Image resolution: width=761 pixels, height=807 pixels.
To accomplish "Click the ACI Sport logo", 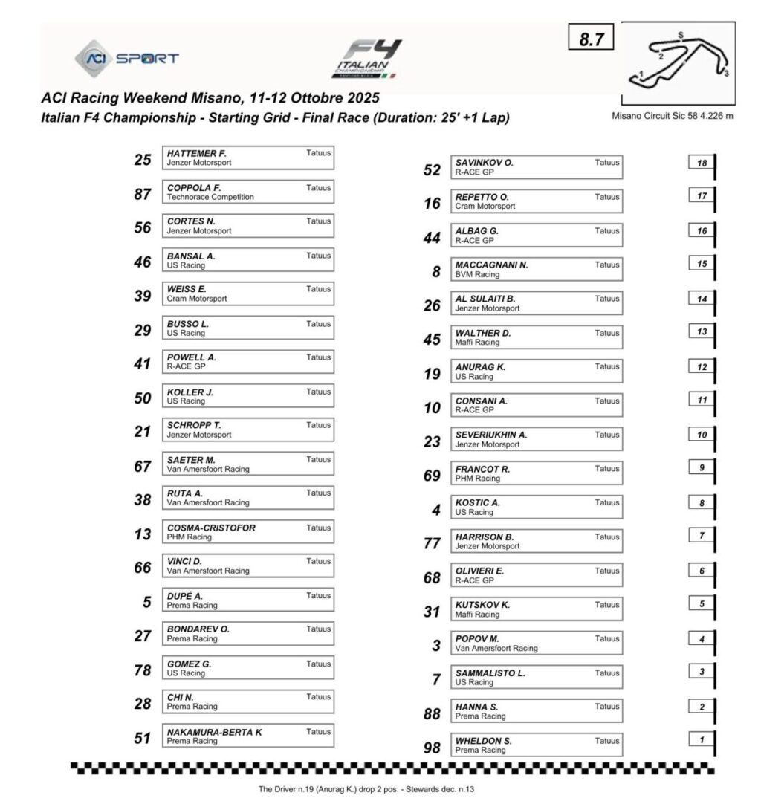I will click(x=126, y=59).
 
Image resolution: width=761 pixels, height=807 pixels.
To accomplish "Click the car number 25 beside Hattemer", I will click(x=143, y=158).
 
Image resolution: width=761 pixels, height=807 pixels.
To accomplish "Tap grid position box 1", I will click(x=701, y=739).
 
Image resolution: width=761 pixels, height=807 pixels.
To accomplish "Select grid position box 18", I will click(x=701, y=163).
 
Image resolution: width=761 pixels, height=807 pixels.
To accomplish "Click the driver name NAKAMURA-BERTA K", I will click(x=214, y=732).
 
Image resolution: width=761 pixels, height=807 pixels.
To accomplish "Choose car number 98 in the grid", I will click(x=432, y=748).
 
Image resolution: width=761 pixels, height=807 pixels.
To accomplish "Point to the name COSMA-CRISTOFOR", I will click(x=211, y=528).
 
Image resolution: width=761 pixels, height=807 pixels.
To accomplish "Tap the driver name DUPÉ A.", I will click(x=185, y=596).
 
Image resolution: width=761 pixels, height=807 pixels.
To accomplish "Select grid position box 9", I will click(x=701, y=468).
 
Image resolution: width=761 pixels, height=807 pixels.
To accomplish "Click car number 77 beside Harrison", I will click(x=432, y=544).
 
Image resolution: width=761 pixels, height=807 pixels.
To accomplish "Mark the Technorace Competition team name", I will click(x=210, y=197).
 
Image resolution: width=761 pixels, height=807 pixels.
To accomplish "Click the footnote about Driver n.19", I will click(x=370, y=789).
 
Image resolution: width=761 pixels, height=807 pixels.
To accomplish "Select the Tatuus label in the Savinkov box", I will click(x=606, y=163).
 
